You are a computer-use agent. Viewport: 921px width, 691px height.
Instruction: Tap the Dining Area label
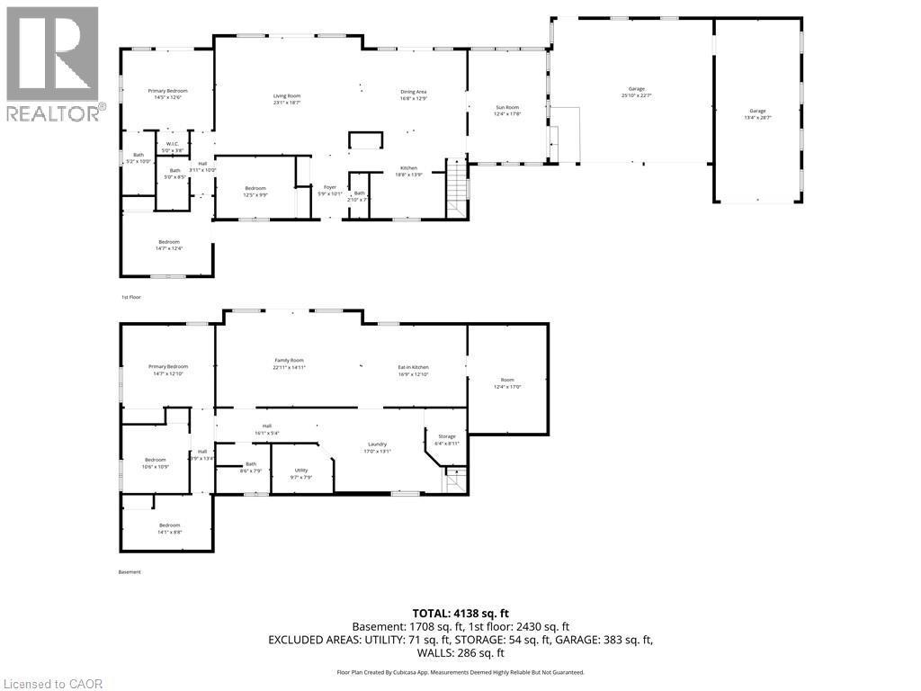coord(413,95)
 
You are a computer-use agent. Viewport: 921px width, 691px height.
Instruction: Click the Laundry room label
coord(377,448)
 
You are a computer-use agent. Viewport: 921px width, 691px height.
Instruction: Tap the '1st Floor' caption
coord(131,297)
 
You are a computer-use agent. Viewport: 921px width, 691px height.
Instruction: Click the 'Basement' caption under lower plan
coord(130,572)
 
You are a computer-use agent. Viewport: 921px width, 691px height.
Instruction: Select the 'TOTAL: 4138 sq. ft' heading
coord(460,613)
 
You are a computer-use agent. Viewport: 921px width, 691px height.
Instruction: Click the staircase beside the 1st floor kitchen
coord(458,186)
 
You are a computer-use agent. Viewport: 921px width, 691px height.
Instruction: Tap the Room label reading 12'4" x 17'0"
coord(507,382)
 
